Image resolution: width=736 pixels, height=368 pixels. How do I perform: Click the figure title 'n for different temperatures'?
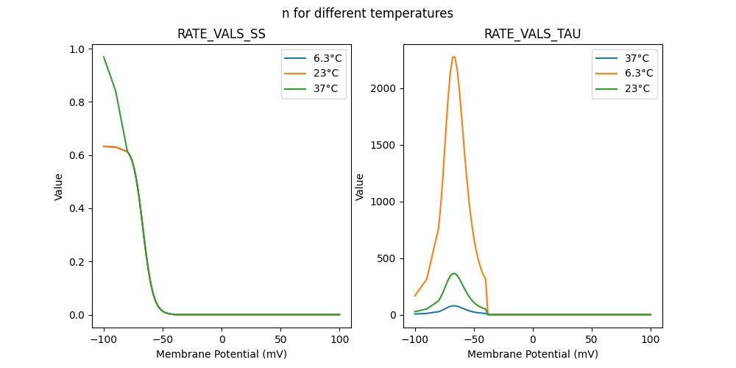point(367,13)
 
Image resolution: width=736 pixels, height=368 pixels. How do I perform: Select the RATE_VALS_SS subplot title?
point(222,34)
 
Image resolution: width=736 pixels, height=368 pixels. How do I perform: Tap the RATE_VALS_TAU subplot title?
point(532,34)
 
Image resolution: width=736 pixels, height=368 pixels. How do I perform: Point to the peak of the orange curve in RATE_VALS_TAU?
point(453,57)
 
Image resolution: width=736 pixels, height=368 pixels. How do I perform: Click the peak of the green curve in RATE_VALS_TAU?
point(454,273)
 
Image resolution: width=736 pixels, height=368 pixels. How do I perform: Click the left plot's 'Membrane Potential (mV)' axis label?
point(222,354)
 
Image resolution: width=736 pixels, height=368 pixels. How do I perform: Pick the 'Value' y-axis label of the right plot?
point(360,186)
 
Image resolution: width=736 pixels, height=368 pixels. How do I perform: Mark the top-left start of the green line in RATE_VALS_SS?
point(104,57)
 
